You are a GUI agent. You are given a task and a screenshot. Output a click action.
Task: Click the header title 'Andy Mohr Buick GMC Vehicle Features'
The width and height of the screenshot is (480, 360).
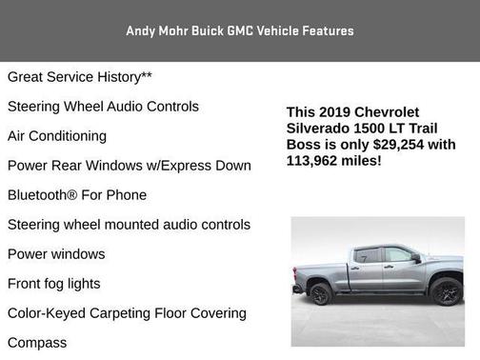pyautogui.click(x=240, y=30)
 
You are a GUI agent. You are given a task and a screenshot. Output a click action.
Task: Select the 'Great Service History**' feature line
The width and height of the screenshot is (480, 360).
pyautogui.click(x=80, y=76)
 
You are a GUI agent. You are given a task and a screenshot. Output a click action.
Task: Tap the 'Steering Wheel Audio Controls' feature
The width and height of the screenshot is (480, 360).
pyautogui.click(x=103, y=106)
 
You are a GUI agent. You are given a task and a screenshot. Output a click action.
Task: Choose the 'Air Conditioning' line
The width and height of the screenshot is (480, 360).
pyautogui.click(x=57, y=135)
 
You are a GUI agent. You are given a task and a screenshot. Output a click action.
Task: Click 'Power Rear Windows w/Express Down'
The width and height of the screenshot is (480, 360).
pyautogui.click(x=130, y=165)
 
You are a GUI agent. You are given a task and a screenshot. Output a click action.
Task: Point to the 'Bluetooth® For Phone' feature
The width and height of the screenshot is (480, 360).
pyautogui.click(x=77, y=194)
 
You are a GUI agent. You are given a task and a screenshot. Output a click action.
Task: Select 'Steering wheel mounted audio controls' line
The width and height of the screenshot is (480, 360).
pyautogui.click(x=129, y=224)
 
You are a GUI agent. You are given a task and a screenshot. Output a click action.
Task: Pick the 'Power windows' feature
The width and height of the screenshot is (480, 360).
pyautogui.click(x=56, y=253)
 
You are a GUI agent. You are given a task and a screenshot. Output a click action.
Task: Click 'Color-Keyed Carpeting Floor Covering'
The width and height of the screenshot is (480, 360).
pyautogui.click(x=127, y=312)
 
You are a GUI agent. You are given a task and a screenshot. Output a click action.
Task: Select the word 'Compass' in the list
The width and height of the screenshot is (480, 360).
pyautogui.click(x=37, y=342)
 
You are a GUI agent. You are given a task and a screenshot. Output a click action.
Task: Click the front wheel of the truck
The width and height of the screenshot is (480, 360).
pyautogui.click(x=445, y=291)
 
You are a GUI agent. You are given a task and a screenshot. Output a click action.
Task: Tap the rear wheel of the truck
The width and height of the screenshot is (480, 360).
pyautogui.click(x=321, y=293)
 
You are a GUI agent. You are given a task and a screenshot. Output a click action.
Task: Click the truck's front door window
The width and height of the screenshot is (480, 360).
pyautogui.click(x=397, y=255)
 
